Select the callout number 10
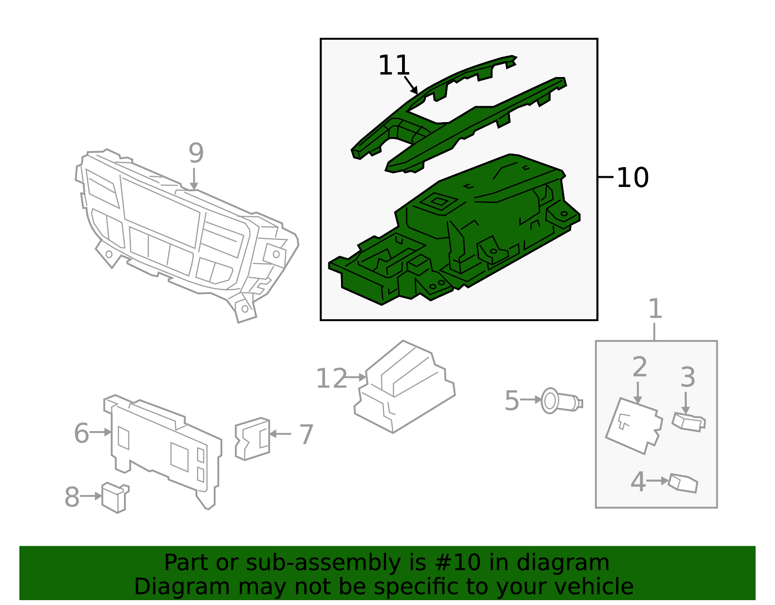tap(632, 178)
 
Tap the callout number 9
tap(196, 154)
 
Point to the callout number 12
tap(331, 379)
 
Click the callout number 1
tap(655, 309)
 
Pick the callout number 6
tap(81, 433)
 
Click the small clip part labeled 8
tap(115, 497)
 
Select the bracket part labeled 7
tap(252, 439)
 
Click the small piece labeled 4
tap(683, 483)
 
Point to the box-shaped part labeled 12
tap(404, 388)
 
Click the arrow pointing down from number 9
tap(194, 179)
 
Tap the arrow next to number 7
tap(280, 434)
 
